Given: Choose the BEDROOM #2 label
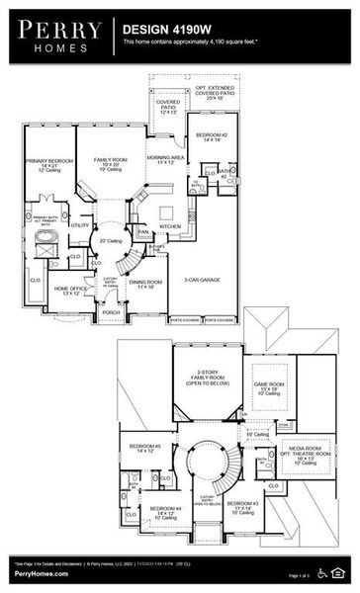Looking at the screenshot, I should [212, 134].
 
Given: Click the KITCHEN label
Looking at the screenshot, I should [170, 226].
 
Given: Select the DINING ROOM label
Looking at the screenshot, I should [144, 283].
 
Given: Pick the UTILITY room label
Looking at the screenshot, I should [79, 225].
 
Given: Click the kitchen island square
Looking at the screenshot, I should [169, 210].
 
